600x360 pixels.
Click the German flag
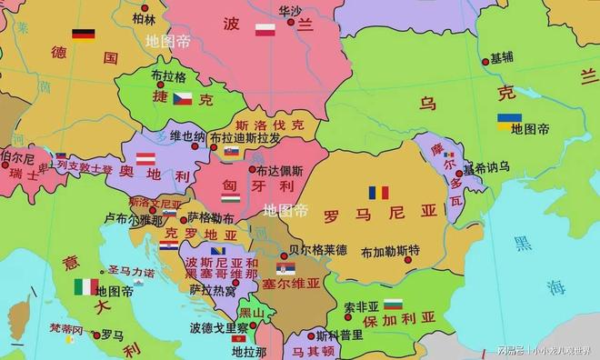[x=84, y=35]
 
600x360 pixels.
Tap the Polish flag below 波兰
[x=265, y=30]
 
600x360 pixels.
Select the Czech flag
[x=185, y=98]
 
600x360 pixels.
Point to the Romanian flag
[x=378, y=193]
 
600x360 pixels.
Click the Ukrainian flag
[x=509, y=120]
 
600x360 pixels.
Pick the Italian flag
[x=86, y=286]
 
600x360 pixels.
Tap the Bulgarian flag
[x=393, y=303]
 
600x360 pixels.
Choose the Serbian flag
[x=285, y=268]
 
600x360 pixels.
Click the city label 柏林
[x=143, y=18]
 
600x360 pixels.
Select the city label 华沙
[x=290, y=10]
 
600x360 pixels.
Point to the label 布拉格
[x=168, y=77]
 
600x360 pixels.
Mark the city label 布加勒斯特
[x=390, y=251]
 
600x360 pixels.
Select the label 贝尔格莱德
[x=317, y=249]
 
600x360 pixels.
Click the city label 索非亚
[x=361, y=306]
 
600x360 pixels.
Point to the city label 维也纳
[x=187, y=136]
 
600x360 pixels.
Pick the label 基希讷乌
[x=485, y=169]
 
